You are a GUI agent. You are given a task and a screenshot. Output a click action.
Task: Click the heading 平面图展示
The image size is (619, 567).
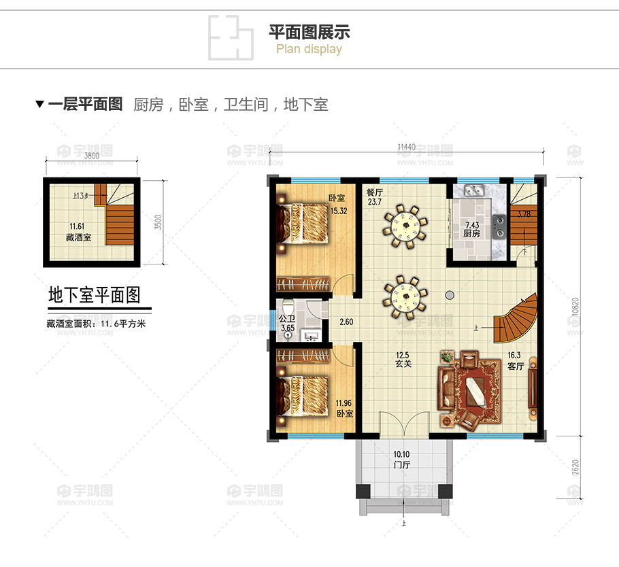pyautogui.click(x=309, y=32)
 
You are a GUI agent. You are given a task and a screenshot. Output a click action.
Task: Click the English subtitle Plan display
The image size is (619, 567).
pyautogui.click(x=309, y=49)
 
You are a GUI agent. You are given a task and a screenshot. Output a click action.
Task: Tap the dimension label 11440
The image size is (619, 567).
pyautogui.click(x=406, y=148)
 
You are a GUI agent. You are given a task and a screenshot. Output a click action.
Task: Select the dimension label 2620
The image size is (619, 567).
pyautogui.click(x=575, y=468)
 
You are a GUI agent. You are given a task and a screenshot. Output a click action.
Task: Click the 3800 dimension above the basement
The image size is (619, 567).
pyautogui.click(x=91, y=155)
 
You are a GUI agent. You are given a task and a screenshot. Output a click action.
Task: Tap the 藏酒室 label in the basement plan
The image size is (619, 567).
pyautogui.click(x=78, y=237)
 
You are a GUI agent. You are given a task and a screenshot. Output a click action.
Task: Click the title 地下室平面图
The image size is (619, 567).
pyautogui.click(x=95, y=295)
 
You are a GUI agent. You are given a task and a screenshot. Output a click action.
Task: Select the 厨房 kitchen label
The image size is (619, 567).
pyautogui.click(x=472, y=233)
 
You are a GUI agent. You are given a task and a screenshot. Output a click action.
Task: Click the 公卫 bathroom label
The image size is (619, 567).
pyautogui.click(x=288, y=318)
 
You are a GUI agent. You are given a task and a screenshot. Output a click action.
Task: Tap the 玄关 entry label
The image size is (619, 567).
pyautogui.click(x=404, y=364)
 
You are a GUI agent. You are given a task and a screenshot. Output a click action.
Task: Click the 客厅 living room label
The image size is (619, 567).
pyautogui.click(x=516, y=366)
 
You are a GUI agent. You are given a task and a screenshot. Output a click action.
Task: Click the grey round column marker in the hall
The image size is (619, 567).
pyautogui.click(x=450, y=294)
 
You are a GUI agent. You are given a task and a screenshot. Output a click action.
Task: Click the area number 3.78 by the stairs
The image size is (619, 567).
pyautogui.click(x=523, y=215)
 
